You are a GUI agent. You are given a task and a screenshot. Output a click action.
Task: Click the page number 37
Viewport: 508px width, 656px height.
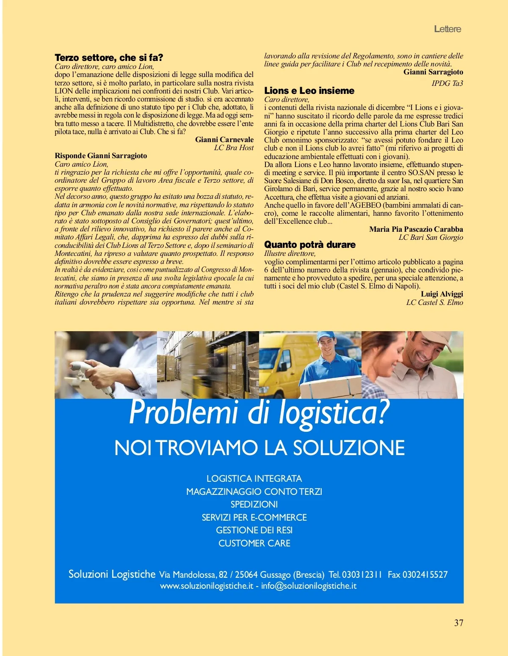458,623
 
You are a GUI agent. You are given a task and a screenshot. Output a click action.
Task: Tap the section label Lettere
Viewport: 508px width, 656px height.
447,29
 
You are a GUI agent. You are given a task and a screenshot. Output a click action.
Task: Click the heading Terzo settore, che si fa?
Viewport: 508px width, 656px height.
109,58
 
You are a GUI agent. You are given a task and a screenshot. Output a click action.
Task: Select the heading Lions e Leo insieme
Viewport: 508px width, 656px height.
309,91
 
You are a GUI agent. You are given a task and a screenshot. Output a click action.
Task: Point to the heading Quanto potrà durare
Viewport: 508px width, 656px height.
309,244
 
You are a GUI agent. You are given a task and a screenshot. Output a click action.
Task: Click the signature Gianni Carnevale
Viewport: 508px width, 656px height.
224,140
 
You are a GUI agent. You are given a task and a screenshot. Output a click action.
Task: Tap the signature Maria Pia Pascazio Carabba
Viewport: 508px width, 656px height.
416,229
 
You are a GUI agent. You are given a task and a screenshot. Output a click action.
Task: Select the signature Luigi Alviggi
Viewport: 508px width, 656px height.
442,294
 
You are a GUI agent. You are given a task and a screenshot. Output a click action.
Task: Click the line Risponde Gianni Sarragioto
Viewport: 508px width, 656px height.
101,156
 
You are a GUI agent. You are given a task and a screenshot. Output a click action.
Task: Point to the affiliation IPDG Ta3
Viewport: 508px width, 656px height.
447,83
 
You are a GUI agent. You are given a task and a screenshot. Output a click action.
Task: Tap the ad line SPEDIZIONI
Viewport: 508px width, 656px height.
254,504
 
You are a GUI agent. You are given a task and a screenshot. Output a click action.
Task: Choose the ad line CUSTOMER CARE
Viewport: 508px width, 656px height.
254,543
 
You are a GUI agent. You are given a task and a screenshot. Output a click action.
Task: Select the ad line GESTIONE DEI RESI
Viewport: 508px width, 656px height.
254,530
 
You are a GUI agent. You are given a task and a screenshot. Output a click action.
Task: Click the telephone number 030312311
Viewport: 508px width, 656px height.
362,574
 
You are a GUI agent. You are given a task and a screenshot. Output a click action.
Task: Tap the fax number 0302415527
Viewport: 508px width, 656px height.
425,574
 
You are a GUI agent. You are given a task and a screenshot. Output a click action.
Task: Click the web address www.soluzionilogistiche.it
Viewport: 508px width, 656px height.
207,586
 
